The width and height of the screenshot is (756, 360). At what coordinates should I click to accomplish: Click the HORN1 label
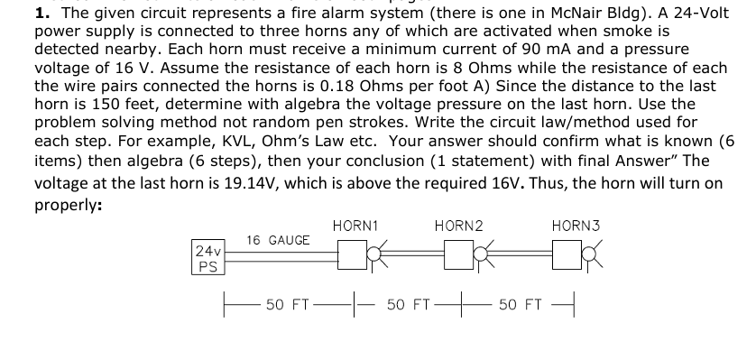[x=355, y=224]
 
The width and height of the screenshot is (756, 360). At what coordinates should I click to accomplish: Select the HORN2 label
[x=458, y=224]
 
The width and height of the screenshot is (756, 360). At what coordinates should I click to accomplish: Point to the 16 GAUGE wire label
[x=278, y=240]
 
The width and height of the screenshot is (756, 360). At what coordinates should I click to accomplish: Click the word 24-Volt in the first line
[x=696, y=13]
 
